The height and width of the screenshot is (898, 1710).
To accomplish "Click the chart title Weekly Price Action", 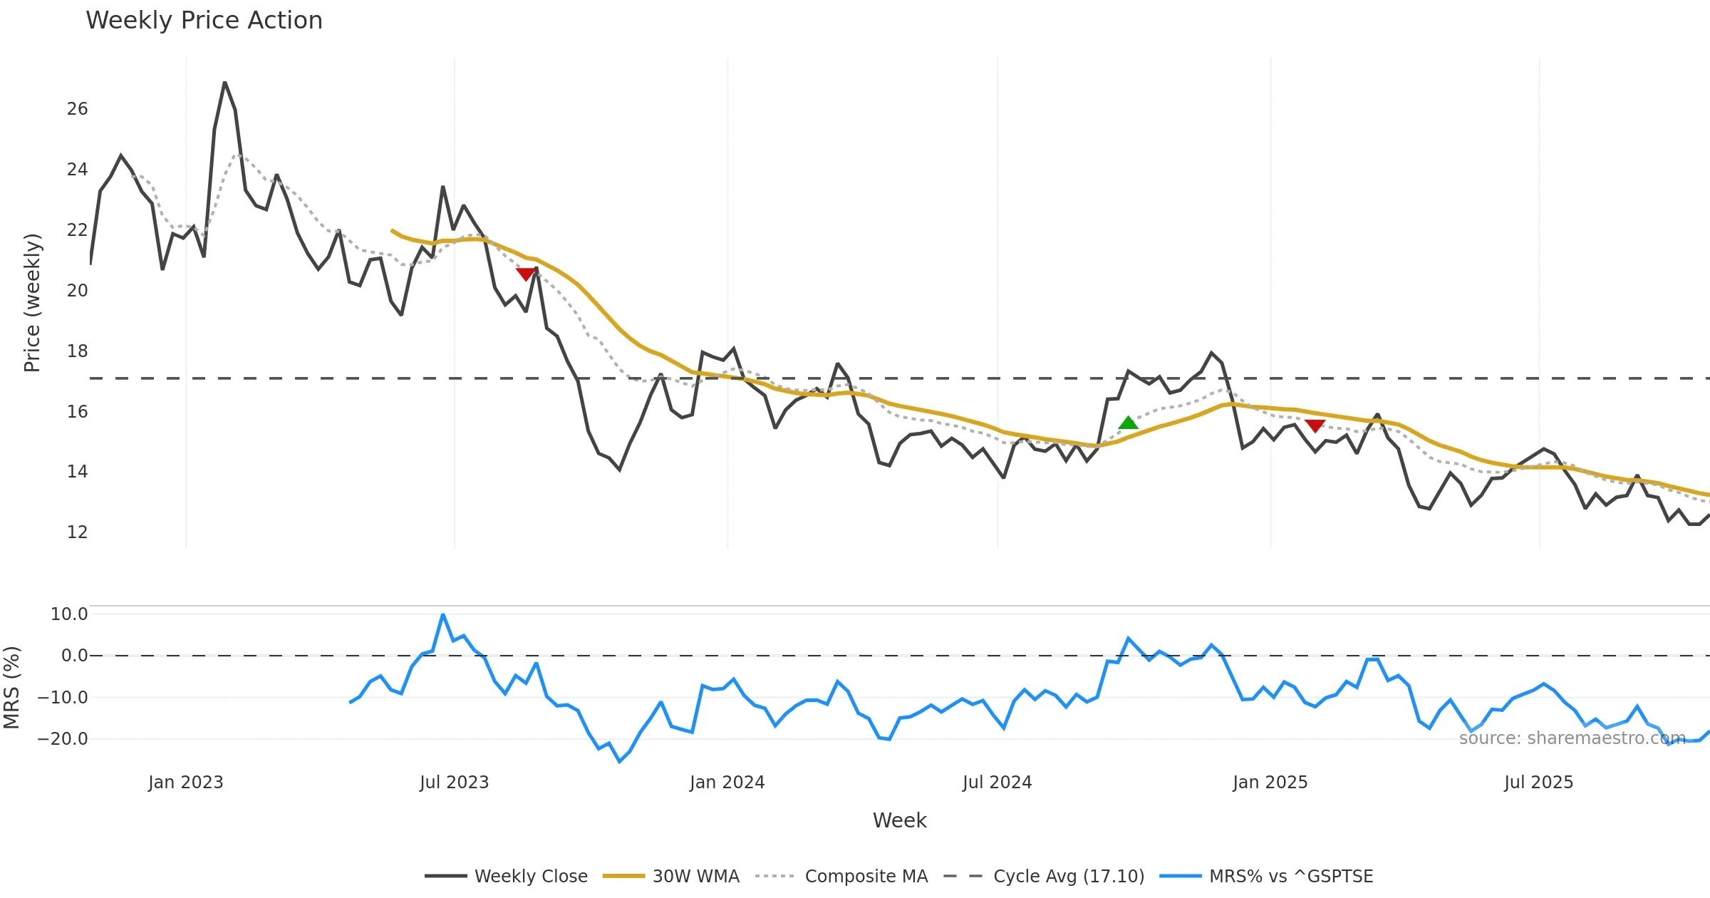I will pyautogui.click(x=204, y=21).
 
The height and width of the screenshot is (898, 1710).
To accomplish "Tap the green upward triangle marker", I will pyautogui.click(x=1128, y=423).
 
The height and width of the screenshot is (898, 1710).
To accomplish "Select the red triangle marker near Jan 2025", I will pyautogui.click(x=1315, y=425).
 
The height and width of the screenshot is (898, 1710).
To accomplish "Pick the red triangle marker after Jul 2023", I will pyautogui.click(x=526, y=274).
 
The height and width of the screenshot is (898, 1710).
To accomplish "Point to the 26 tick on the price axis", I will pyautogui.click(x=77, y=109).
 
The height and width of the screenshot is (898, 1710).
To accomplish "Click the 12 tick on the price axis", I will pyautogui.click(x=77, y=532).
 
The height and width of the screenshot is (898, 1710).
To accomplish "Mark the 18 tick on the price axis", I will pyautogui.click(x=77, y=351).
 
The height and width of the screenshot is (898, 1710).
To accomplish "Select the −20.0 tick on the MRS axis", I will pyautogui.click(x=63, y=739).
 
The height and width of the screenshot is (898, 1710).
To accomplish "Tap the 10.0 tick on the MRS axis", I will pyautogui.click(x=69, y=614).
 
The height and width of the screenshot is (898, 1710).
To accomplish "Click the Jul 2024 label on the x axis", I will pyautogui.click(x=997, y=783).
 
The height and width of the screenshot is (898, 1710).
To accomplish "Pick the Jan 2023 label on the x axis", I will pyautogui.click(x=185, y=783).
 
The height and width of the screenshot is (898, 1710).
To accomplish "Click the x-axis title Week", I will pyautogui.click(x=899, y=821).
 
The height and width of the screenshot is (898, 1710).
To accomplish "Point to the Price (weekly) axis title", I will pyautogui.click(x=32, y=303).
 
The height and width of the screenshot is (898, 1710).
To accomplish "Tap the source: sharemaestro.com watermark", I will pyautogui.click(x=1572, y=738).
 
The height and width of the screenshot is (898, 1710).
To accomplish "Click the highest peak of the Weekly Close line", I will pyautogui.click(x=224, y=83).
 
